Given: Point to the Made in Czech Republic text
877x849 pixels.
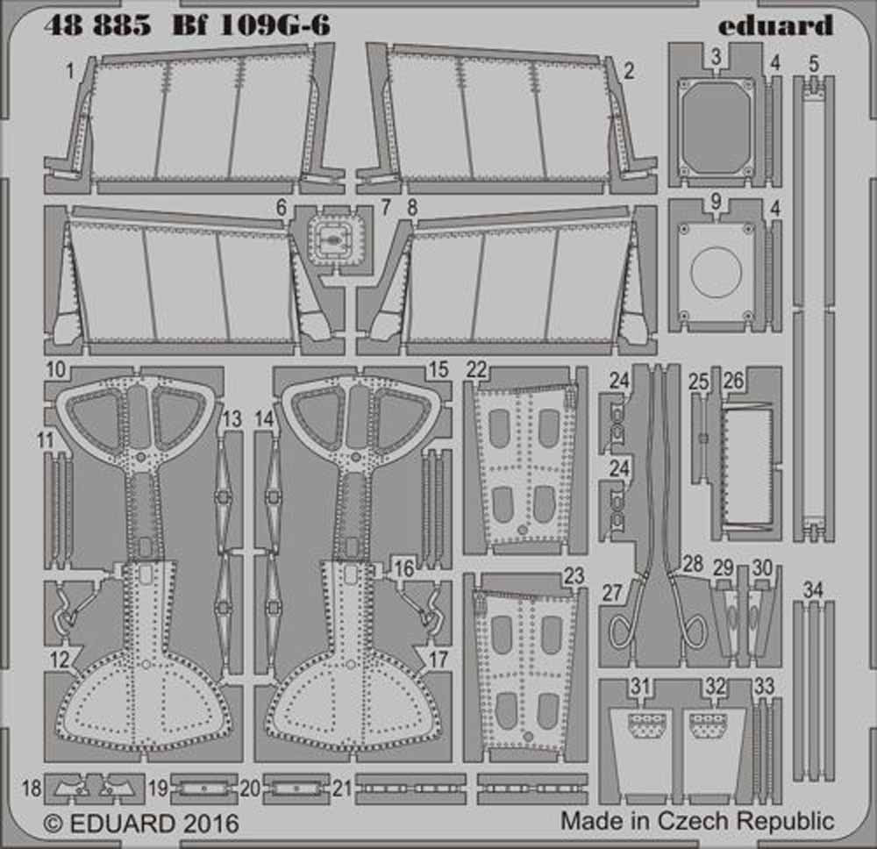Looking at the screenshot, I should pos(697,822).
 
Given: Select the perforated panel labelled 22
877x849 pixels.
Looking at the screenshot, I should pos(524,460).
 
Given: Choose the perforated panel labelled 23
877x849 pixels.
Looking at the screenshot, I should pos(524,667).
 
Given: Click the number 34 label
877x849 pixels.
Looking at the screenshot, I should pos(813,590).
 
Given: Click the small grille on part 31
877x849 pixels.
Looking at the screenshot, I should pos(647,724).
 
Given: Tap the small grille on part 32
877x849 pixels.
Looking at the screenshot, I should pos(709,724).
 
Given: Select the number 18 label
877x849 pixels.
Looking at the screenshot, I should pos(32,789).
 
